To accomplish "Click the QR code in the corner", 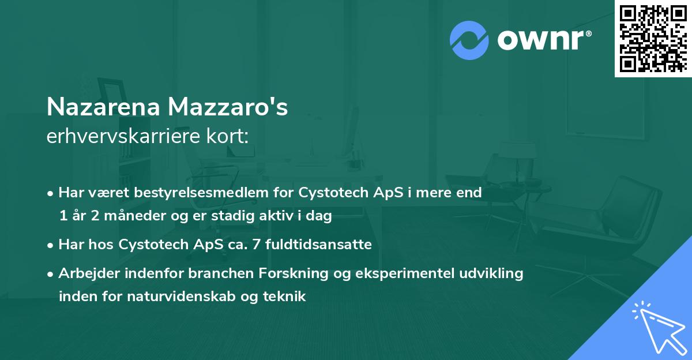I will (x=652, y=38).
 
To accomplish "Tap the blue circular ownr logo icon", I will (x=469, y=40).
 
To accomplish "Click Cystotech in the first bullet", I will (x=329, y=193).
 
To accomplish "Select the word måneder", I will (x=131, y=216).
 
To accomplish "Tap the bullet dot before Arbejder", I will (x=51, y=273).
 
